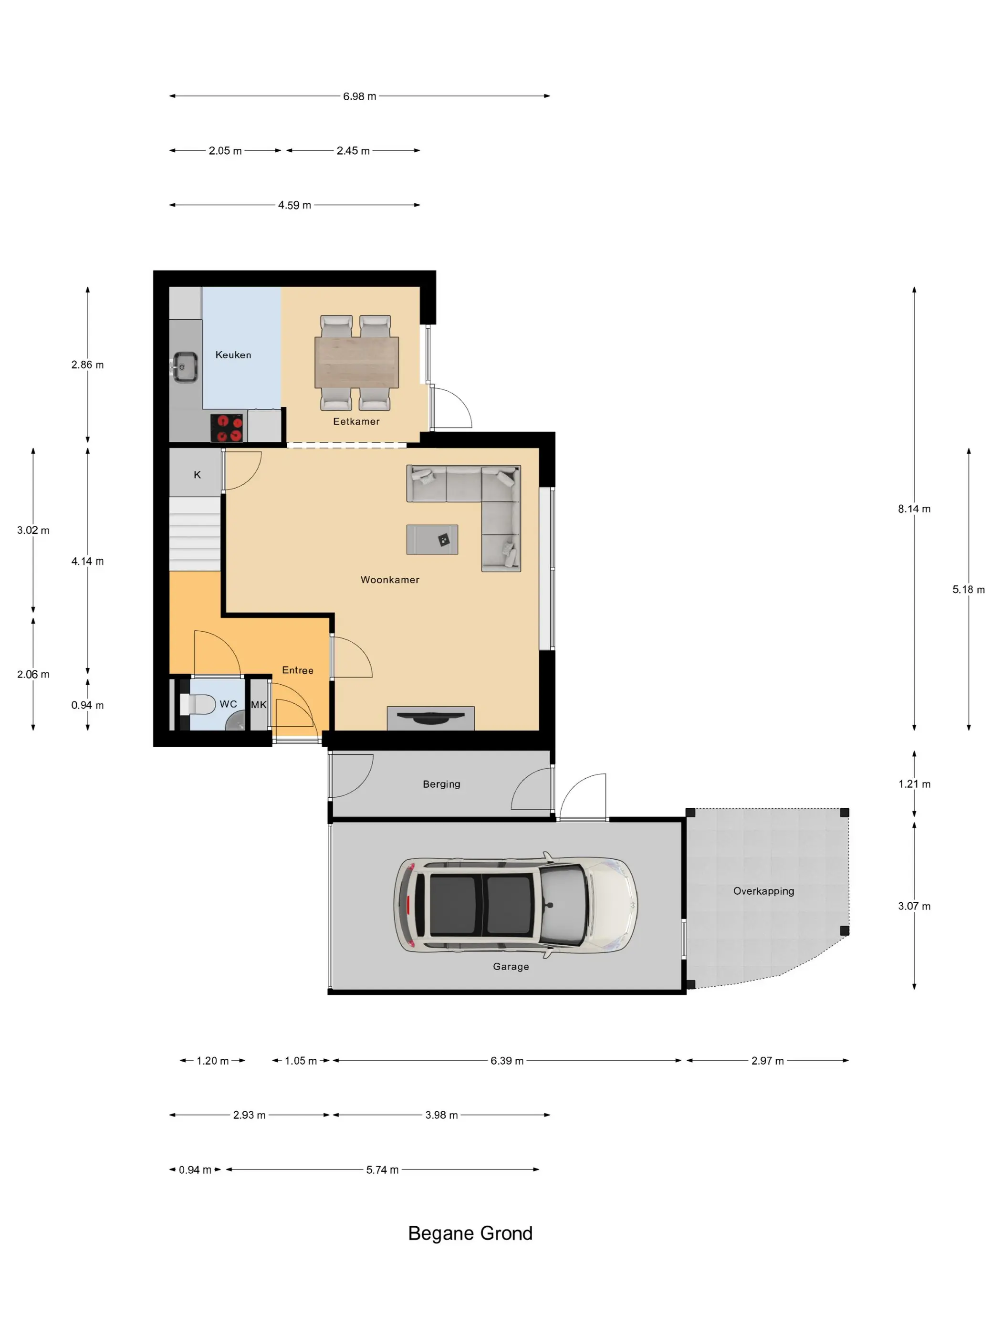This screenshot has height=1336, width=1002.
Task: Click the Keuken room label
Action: (x=233, y=355)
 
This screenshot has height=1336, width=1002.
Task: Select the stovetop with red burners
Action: (x=227, y=428)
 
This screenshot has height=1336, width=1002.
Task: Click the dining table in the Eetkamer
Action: (x=356, y=362)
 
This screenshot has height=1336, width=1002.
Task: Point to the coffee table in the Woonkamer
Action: (x=432, y=539)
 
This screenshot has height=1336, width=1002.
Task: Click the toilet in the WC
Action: (x=198, y=704)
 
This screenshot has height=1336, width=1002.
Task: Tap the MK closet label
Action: (x=259, y=705)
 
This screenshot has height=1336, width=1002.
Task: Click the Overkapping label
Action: (x=763, y=891)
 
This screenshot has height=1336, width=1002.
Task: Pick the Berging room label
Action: (x=441, y=784)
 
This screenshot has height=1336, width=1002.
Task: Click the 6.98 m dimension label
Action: (x=359, y=97)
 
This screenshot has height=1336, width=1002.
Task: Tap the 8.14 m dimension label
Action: (x=914, y=509)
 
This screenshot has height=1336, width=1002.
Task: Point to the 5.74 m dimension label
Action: (x=382, y=1170)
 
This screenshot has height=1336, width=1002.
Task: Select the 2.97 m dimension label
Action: (x=767, y=1061)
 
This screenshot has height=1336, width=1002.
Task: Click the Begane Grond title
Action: (x=470, y=1233)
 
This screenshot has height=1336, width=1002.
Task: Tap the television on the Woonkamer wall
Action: (x=431, y=718)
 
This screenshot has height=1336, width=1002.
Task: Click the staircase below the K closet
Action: (x=195, y=534)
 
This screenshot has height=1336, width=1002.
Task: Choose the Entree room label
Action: (x=298, y=670)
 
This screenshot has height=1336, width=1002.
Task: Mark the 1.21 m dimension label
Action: (x=914, y=784)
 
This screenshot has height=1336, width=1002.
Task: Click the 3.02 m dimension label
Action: (x=33, y=531)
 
